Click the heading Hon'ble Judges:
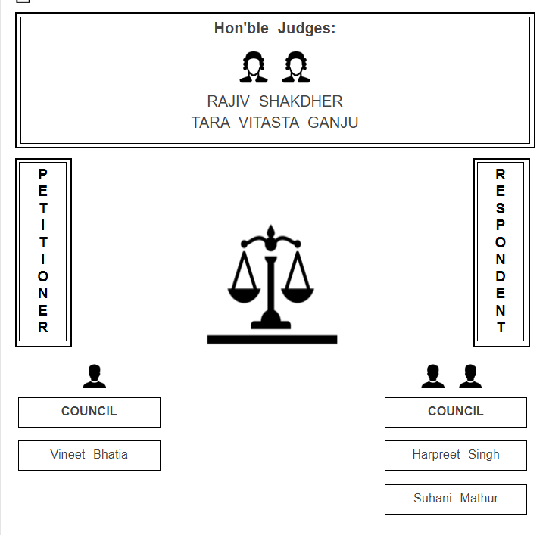click(x=275, y=28)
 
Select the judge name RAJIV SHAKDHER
click(x=275, y=101)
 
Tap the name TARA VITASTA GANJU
click(x=275, y=123)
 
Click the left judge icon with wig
click(x=254, y=67)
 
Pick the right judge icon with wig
click(x=296, y=67)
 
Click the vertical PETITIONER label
click(x=43, y=250)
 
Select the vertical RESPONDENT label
click(x=501, y=250)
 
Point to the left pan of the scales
click(x=244, y=295)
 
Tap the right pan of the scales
click(x=298, y=295)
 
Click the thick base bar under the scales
click(x=272, y=340)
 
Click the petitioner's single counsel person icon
click(x=94, y=376)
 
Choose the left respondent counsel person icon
click(x=432, y=376)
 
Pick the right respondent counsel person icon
click(x=470, y=376)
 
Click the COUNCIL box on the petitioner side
click(x=89, y=412)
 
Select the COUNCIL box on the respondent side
click(x=456, y=412)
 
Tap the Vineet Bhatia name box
click(x=89, y=456)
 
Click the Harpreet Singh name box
click(x=456, y=456)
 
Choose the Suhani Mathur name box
click(x=456, y=499)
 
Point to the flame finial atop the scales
click(x=270, y=231)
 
